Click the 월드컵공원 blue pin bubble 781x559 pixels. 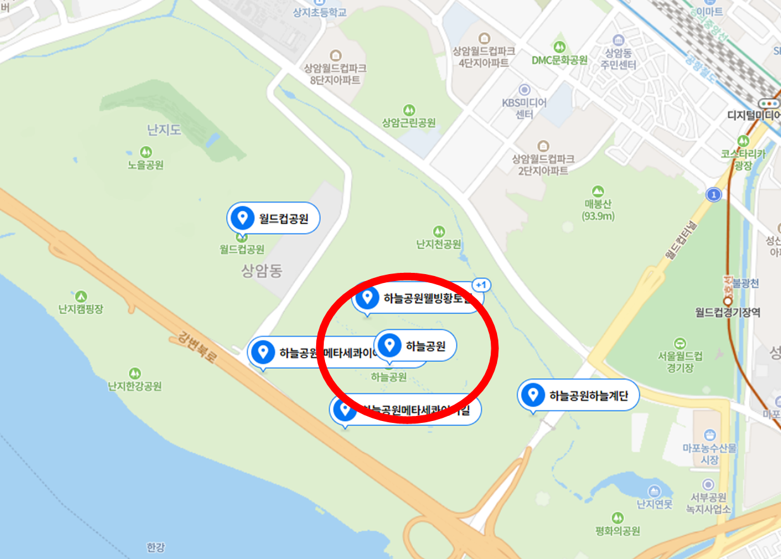click(x=273, y=219)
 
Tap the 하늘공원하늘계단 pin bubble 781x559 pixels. click(x=577, y=396)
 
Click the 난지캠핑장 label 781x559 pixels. click(x=80, y=309)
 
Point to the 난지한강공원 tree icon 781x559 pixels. click(x=134, y=374)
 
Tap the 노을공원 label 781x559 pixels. click(x=145, y=165)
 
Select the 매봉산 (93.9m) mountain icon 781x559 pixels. click(x=598, y=191)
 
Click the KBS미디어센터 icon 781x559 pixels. click(x=524, y=90)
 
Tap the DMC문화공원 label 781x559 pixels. click(x=559, y=60)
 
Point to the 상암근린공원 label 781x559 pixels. click(x=409, y=123)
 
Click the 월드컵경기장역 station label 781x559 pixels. click(x=727, y=312)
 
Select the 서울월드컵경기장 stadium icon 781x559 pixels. click(x=680, y=343)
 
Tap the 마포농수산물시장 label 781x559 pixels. click(x=710, y=454)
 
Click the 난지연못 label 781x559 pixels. click(x=655, y=504)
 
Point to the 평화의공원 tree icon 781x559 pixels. click(x=618, y=518)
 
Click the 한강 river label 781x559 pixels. click(x=155, y=547)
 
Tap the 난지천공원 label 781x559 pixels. click(x=438, y=244)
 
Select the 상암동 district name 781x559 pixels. click(x=261, y=271)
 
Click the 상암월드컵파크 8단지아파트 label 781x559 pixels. click(x=335, y=74)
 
